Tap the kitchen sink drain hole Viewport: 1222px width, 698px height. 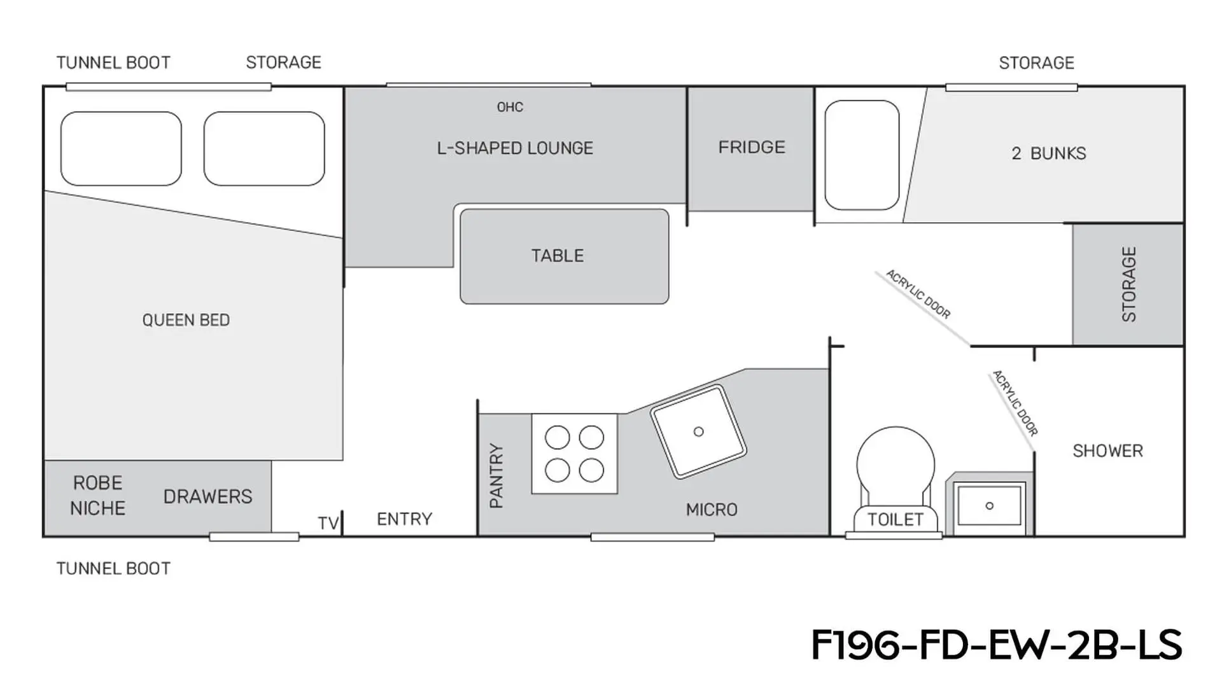coord(698,431)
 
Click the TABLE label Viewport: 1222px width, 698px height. coord(558,256)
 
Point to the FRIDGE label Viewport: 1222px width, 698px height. coord(752,147)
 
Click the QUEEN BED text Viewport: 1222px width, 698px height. coord(186,320)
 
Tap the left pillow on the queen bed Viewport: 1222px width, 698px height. coord(121,148)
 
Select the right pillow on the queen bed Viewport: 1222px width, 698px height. coord(264,148)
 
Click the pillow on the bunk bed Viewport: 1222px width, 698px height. coord(862,155)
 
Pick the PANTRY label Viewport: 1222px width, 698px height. coord(496,476)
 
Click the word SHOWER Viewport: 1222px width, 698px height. coord(1107,451)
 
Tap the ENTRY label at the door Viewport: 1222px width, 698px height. coord(404,519)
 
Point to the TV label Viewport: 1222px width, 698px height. coord(328,523)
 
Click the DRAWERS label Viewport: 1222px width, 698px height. coord(207,496)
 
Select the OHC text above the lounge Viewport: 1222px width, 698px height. coord(510,107)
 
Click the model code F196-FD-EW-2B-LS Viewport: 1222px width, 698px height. coord(997,645)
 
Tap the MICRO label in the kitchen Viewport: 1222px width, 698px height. coord(712,510)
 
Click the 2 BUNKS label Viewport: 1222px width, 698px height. coord(1049,153)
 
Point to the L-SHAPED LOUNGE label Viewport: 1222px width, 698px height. coord(515,148)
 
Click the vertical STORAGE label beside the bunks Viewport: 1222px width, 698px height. coord(1128,284)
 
